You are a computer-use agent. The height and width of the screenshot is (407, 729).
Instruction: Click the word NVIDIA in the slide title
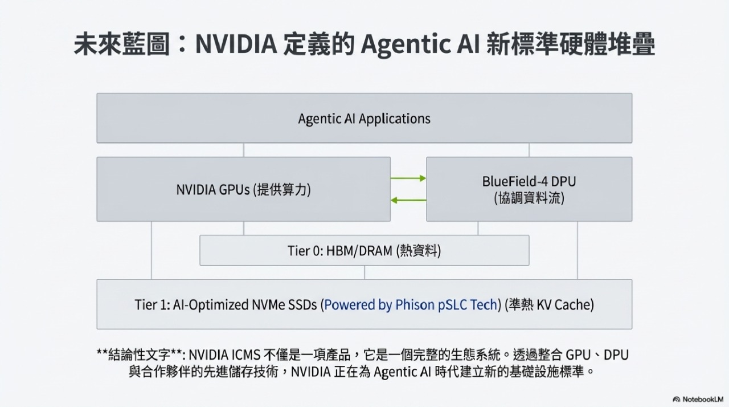236,44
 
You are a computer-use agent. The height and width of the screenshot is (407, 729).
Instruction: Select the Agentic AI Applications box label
364,119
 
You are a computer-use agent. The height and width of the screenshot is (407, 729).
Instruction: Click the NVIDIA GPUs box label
243,189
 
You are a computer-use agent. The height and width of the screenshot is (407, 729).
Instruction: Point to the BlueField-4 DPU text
529,181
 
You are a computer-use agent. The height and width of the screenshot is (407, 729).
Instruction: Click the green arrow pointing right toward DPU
408,178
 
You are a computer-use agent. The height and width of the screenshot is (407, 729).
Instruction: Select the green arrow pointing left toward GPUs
408,200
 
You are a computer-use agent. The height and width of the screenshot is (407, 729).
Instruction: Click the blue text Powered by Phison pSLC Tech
411,305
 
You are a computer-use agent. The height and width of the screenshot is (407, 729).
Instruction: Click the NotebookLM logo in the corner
698,399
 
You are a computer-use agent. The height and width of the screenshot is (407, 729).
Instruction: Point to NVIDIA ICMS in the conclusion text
224,355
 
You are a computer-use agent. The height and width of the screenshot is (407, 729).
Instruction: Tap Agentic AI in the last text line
402,372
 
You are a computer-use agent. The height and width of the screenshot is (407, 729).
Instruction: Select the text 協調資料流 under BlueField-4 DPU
529,198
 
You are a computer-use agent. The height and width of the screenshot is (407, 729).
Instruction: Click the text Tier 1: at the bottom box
152,305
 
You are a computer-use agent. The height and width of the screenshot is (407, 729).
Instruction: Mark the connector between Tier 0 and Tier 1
364,272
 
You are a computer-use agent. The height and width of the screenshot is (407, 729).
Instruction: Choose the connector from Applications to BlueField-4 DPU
529,150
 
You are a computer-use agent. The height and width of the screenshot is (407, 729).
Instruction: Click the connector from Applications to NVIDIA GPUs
243,150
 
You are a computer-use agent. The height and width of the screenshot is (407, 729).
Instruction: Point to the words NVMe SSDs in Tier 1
284,305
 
